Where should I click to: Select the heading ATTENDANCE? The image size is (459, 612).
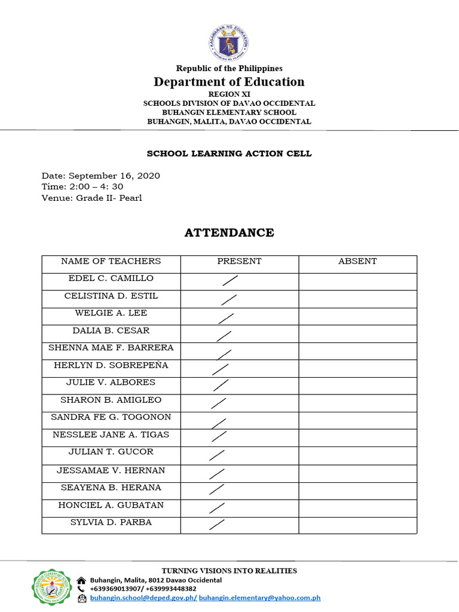point(229,233)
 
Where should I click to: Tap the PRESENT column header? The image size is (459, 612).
point(239,261)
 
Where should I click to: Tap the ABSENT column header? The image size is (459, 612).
point(357,261)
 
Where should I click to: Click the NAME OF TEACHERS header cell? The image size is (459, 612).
point(111,261)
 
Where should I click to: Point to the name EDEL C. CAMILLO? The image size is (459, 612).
point(111,279)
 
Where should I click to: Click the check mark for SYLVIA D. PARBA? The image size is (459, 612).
point(218,525)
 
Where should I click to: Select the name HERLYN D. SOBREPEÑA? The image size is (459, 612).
point(111,365)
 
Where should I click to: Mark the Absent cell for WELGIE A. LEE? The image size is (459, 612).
point(357,316)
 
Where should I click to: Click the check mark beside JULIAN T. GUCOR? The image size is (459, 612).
point(217,455)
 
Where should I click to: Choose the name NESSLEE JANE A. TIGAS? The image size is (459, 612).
point(111,434)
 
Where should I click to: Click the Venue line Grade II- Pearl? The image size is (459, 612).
point(91,198)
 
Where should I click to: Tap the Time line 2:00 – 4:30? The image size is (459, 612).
point(82,186)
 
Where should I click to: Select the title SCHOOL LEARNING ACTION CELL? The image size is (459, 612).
point(229,154)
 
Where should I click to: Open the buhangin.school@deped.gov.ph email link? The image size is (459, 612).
point(143,597)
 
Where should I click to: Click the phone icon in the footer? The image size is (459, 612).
point(81,589)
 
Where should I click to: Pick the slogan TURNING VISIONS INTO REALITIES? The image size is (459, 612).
point(229,571)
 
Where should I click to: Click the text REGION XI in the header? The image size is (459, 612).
point(229,94)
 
